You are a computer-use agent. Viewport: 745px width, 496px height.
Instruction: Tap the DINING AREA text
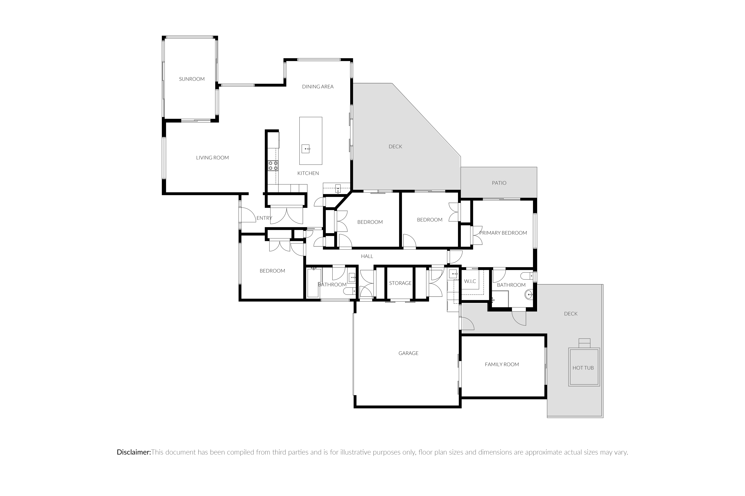pyautogui.click(x=318, y=87)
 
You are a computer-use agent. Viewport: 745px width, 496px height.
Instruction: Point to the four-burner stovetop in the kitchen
pyautogui.click(x=273, y=166)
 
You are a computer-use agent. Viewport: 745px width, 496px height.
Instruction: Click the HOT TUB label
pyautogui.click(x=583, y=368)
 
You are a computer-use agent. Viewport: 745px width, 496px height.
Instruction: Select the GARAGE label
pyautogui.click(x=408, y=353)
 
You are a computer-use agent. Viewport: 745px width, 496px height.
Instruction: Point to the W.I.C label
pyautogui.click(x=470, y=281)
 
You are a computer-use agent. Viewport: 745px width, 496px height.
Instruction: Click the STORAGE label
pyautogui.click(x=400, y=283)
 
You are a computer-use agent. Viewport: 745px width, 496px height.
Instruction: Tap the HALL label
pyautogui.click(x=367, y=256)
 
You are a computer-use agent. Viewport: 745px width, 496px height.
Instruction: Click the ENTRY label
pyautogui.click(x=264, y=218)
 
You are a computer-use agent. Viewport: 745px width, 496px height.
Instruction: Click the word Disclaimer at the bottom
pyautogui.click(x=134, y=452)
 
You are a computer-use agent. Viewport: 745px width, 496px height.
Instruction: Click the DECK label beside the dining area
pyautogui.click(x=395, y=147)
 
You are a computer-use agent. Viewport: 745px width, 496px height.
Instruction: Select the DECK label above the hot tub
pyautogui.click(x=571, y=314)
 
